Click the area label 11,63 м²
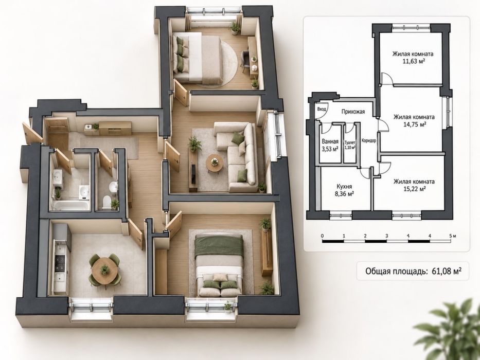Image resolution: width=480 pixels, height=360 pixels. [413, 61]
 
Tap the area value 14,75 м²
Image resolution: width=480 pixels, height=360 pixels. [414, 124]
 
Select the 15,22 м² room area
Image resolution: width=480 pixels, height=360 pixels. [414, 189]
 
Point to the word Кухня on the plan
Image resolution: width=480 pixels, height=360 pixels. [344, 186]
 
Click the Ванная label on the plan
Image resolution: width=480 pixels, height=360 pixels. [330, 142]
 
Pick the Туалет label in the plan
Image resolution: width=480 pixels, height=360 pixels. [350, 142]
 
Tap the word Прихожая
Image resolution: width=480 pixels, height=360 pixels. [353, 112]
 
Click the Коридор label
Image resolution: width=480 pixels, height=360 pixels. [368, 141]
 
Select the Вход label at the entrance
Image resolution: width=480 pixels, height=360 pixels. [321, 109]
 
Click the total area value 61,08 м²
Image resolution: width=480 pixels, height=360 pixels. [447, 271]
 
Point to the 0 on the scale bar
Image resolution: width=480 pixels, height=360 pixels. [323, 236]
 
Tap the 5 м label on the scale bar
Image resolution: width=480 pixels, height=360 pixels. [453, 236]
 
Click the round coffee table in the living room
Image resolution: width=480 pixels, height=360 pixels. [215, 163]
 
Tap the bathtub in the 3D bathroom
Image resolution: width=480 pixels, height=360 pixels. [70, 205]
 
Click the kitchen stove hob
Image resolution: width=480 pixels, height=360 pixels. [60, 262]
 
